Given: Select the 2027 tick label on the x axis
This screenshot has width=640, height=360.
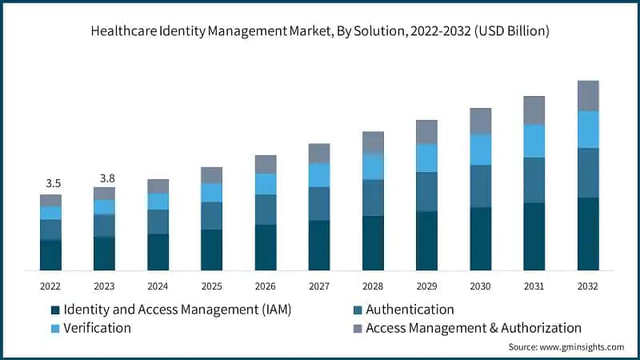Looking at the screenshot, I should [x=319, y=286].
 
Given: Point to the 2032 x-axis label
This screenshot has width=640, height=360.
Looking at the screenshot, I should [x=588, y=286].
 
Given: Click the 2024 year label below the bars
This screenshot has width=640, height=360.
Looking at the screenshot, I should [x=158, y=286].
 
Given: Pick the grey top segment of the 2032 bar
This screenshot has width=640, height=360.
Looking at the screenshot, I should [x=588, y=95].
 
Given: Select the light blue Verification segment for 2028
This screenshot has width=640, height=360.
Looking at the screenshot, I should [x=373, y=166].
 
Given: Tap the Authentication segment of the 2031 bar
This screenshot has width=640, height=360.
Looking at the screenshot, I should [x=534, y=180].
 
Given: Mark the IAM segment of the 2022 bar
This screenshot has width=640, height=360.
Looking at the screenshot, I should [x=50, y=254].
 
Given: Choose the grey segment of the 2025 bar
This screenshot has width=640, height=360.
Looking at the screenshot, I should [x=211, y=175].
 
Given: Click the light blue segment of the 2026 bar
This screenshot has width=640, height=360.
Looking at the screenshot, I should [x=266, y=184].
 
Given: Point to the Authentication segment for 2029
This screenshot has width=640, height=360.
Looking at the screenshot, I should [x=426, y=191].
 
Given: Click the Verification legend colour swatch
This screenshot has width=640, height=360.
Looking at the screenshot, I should [x=55, y=328].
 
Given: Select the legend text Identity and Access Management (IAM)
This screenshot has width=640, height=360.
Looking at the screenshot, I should [x=177, y=310].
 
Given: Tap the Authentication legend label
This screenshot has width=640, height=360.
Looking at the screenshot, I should [x=410, y=310].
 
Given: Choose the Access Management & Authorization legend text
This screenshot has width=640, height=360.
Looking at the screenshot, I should [x=474, y=328].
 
